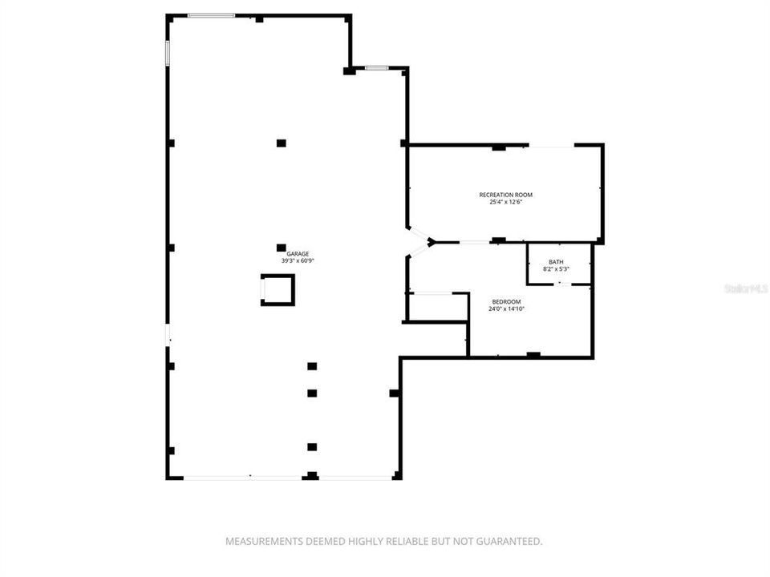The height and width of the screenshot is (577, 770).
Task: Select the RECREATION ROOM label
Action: (505, 195)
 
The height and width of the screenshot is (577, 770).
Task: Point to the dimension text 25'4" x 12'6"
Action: (505, 202)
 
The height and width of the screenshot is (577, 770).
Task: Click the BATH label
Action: (556, 262)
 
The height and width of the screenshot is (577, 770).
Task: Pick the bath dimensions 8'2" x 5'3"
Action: (556, 269)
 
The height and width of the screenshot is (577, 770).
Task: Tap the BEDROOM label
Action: (506, 302)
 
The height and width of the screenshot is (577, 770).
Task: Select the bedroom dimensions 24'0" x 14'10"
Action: (506, 309)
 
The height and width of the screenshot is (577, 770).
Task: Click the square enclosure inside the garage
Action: (278, 289)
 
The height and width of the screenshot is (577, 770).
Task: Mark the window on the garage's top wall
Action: (212, 15)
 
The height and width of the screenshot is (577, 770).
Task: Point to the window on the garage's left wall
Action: (168, 53)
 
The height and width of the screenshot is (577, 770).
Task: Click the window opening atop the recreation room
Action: (551, 145)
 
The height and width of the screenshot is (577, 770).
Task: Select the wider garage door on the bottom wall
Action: (242, 477)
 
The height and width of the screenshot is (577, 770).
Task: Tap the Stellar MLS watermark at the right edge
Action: (746, 287)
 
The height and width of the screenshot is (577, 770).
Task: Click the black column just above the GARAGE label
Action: (281, 248)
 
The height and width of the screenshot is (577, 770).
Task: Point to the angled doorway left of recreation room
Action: (418, 241)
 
